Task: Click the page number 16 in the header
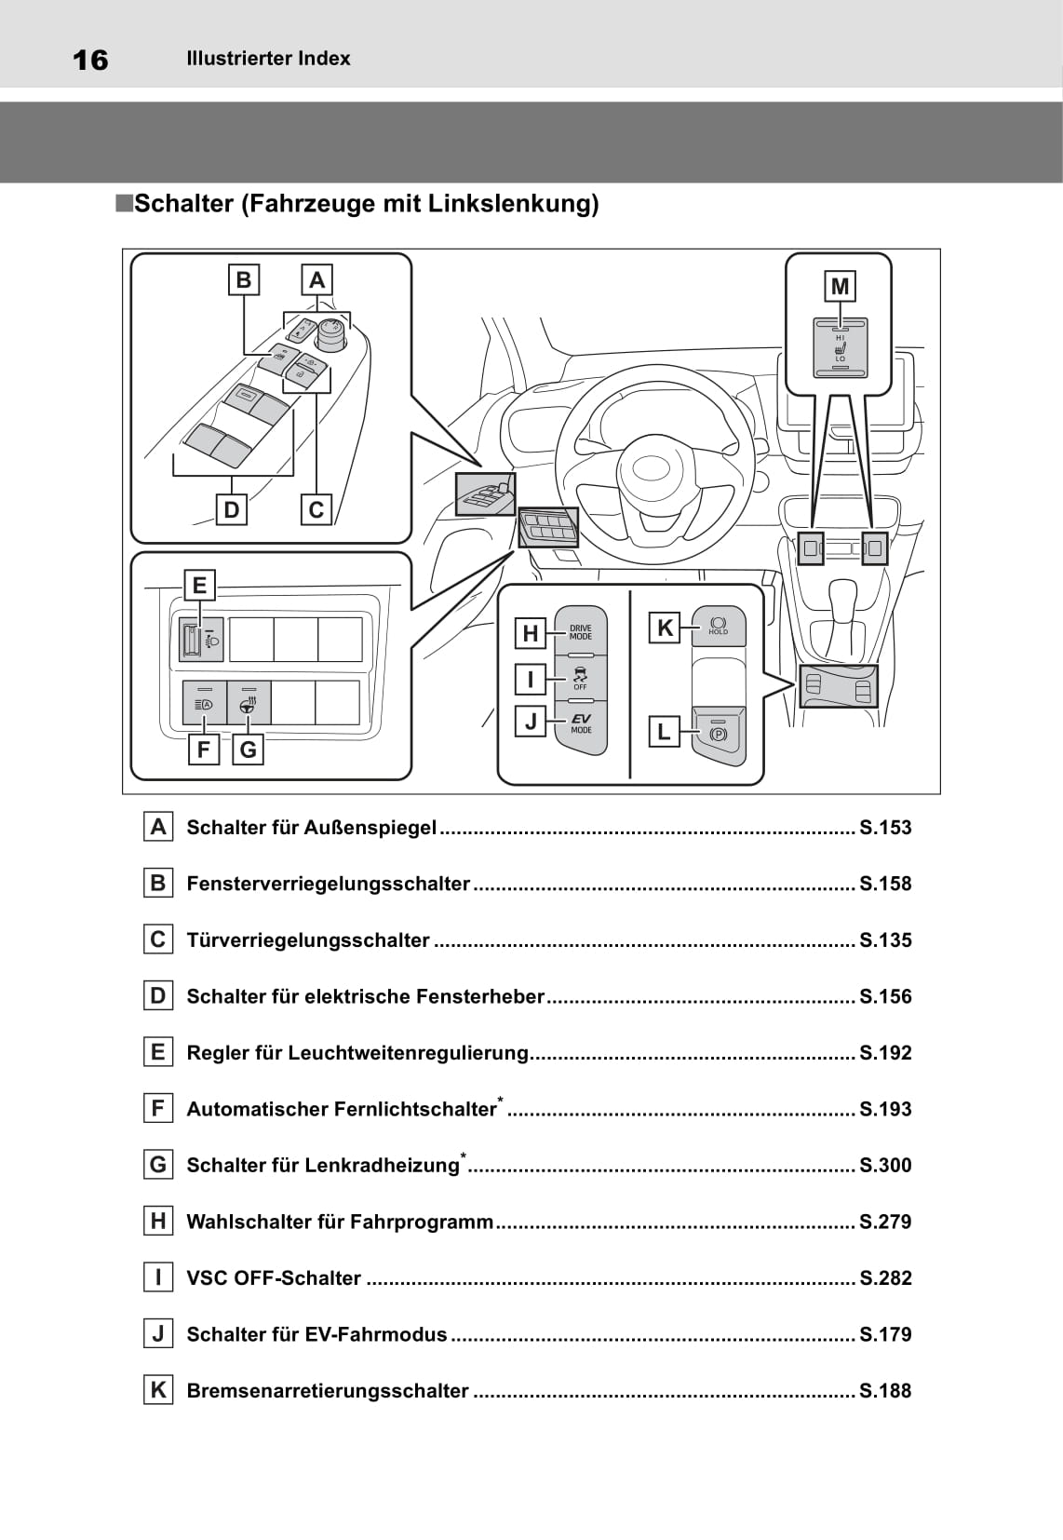pyautogui.click(x=90, y=60)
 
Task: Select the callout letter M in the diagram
pyautogui.click(x=840, y=287)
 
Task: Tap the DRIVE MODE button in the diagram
pyautogui.click(x=581, y=632)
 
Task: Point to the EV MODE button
pyautogui.click(x=581, y=723)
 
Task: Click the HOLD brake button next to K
pyautogui.click(x=719, y=626)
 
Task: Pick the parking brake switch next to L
pyautogui.click(x=719, y=734)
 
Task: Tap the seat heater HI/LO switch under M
pyautogui.click(x=841, y=348)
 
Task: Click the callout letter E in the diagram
pyautogui.click(x=199, y=586)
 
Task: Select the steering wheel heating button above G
pyautogui.click(x=249, y=703)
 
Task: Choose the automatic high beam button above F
pyautogui.click(x=205, y=703)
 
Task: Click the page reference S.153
pyautogui.click(x=885, y=828)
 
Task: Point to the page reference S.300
pyautogui.click(x=885, y=1165)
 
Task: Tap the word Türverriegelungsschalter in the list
pyautogui.click(x=308, y=940)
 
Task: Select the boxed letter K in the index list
pyautogui.click(x=158, y=1390)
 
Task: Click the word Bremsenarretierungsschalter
pyautogui.click(x=328, y=1391)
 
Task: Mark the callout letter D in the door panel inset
pyautogui.click(x=232, y=509)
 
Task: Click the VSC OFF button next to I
pyautogui.click(x=581, y=678)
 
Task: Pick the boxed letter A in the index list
pyautogui.click(x=158, y=827)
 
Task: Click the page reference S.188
pyautogui.click(x=885, y=1391)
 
